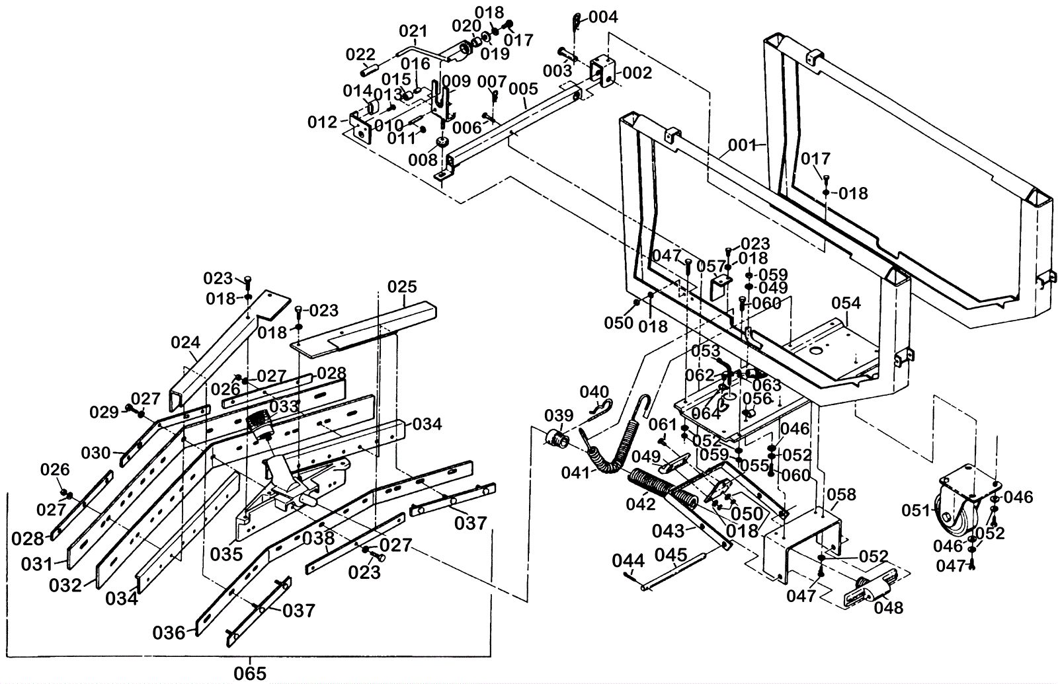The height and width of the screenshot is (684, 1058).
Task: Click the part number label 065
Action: (250, 673)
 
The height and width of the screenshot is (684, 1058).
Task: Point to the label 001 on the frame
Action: (742, 145)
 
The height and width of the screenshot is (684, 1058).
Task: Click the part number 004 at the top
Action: (603, 17)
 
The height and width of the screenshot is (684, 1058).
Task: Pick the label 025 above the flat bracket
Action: (403, 287)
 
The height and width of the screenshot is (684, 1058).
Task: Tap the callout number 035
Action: (226, 554)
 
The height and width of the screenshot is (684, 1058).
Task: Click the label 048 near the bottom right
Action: (889, 607)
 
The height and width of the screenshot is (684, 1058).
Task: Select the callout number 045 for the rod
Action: (671, 555)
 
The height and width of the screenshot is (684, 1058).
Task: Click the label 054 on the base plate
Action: (846, 303)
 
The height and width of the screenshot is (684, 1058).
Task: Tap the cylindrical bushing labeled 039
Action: (555, 439)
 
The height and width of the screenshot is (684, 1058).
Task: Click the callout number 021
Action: (413, 31)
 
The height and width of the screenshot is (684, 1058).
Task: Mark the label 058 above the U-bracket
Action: (841, 494)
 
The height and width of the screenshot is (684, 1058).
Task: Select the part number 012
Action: (322, 122)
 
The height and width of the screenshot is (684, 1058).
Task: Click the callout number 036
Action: (169, 633)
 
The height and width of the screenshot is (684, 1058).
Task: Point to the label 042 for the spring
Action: (641, 504)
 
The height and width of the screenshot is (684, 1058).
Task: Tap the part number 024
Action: (186, 342)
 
